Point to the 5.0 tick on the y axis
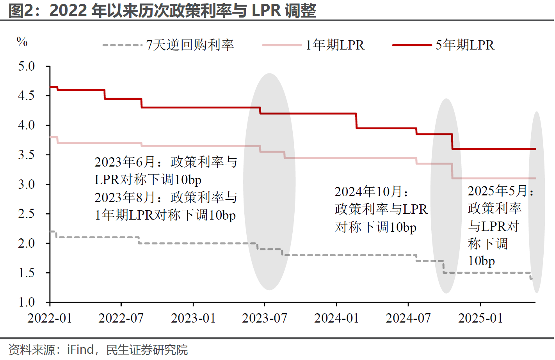[27, 66]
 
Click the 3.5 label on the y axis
[27, 155]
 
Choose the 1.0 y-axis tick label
[27, 302]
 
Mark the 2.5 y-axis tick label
[27, 214]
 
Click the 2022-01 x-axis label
[50, 318]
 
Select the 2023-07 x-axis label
[264, 318]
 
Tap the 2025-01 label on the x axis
[480, 318]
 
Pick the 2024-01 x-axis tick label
[336, 318]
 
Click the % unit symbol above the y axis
[22, 41]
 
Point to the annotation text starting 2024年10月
[381, 209]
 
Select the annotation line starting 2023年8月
[165, 197]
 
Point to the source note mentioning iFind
[98, 350]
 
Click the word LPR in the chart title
[266, 10]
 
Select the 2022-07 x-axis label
[121, 318]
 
